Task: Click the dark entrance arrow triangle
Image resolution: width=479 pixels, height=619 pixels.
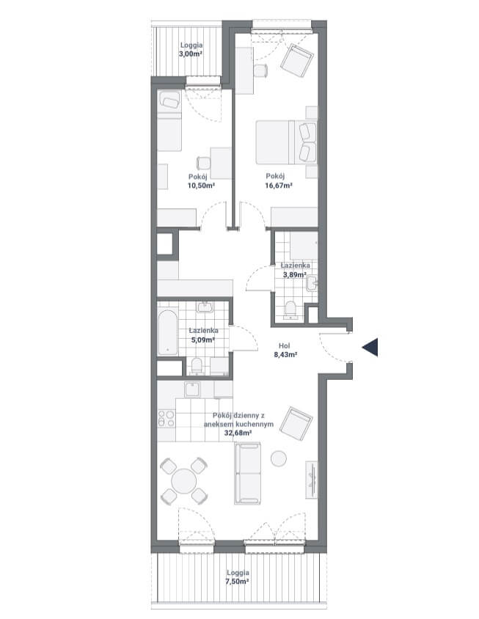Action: coord(372,348)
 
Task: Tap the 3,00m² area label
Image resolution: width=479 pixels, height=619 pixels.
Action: coord(191,54)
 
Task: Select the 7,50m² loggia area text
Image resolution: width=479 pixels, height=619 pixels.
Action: coord(238,582)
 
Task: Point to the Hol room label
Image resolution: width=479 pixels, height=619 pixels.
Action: coord(285,346)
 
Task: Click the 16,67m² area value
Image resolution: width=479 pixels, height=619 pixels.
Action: coord(279,185)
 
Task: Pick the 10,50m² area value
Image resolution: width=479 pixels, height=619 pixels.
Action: coord(201,185)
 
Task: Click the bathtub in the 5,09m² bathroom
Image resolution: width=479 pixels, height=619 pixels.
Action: coord(167,332)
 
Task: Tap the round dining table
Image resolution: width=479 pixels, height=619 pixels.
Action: coord(183,480)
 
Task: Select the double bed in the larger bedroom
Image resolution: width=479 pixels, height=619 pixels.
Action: coord(286,142)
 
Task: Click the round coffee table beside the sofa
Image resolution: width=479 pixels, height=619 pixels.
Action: coord(279,458)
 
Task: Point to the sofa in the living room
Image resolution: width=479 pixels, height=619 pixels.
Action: coord(248,473)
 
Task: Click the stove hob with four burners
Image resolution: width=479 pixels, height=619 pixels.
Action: coord(167,419)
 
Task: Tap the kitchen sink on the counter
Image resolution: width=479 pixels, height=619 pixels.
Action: coord(192,389)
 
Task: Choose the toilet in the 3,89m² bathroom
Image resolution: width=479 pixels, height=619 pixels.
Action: coord(290,309)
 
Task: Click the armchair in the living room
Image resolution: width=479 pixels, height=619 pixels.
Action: coord(296,424)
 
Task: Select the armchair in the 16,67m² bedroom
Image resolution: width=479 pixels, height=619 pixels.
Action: coord(297,61)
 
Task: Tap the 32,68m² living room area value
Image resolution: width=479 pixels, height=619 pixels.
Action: coord(238,433)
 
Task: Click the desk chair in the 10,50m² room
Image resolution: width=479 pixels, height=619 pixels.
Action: coord(203,163)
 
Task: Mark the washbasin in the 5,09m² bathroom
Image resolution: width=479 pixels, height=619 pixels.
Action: coord(205,307)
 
